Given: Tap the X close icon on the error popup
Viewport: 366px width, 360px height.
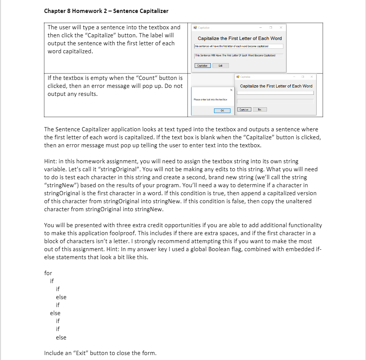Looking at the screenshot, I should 231,90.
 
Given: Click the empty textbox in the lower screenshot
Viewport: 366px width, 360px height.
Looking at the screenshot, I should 275,93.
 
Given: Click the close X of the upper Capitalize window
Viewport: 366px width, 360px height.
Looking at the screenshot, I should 281,27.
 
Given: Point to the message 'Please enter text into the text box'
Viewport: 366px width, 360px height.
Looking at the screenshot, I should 208,99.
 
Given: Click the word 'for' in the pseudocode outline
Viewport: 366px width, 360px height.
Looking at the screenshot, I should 48,273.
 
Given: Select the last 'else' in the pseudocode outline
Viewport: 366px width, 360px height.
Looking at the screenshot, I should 61,337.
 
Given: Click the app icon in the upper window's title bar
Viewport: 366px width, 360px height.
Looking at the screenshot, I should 195,27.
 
